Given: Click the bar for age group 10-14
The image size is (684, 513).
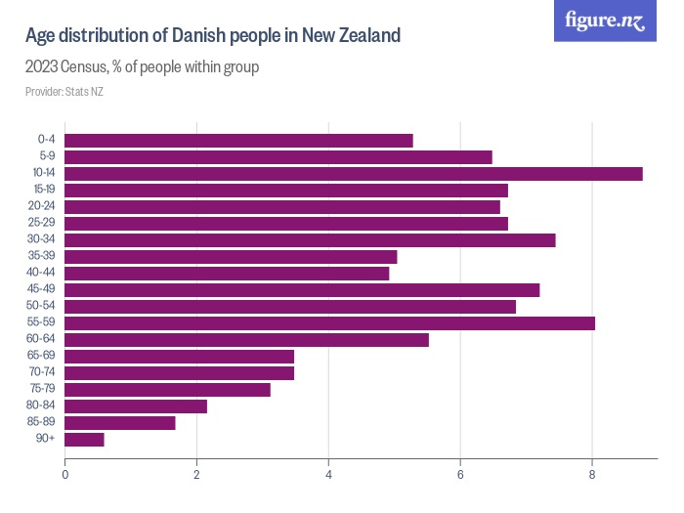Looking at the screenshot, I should (353, 173).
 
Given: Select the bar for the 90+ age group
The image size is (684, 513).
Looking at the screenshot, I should (84, 440).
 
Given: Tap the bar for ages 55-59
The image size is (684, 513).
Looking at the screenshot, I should (329, 322).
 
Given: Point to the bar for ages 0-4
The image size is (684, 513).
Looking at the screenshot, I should (238, 140).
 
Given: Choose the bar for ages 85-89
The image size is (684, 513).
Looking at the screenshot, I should (120, 423).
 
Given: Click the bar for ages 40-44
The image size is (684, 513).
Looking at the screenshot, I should (227, 274).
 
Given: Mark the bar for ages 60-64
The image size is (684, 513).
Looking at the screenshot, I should (246, 340).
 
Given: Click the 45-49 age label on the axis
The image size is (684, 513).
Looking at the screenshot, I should (42, 290).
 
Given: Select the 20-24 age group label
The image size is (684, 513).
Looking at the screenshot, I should (42, 207).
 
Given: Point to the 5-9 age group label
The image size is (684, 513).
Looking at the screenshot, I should (45, 156).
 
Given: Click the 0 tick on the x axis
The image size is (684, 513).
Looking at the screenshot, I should (64, 475).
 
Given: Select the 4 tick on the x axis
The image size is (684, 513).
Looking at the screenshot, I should (328, 475).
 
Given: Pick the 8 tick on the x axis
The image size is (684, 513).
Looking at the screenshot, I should (592, 475).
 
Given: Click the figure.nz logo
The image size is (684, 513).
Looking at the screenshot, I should (605, 21).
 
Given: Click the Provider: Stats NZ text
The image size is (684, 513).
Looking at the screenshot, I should (64, 92).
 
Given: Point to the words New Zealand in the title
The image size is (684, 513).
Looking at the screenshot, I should (352, 36).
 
